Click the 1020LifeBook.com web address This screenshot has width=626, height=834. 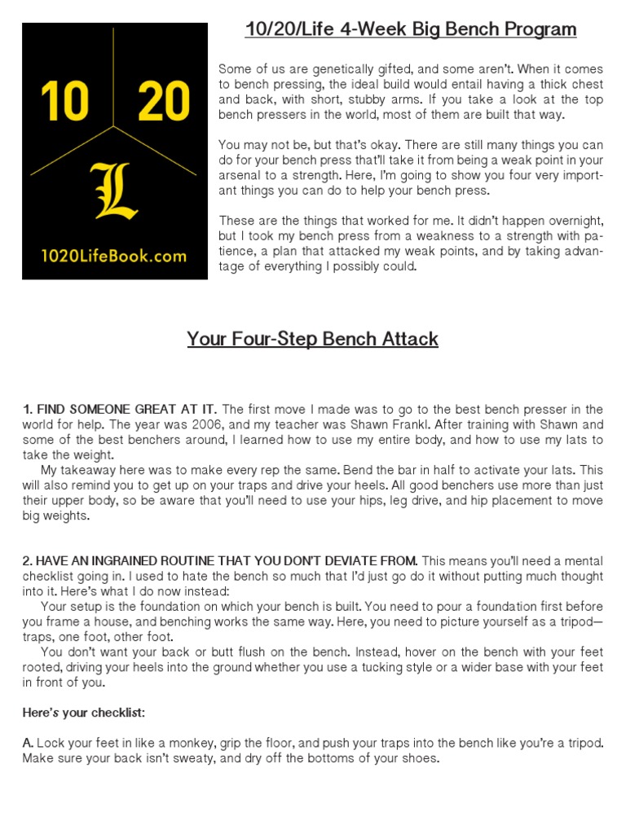pyautogui.click(x=114, y=256)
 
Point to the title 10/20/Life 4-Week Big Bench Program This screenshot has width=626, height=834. pyautogui.click(x=411, y=30)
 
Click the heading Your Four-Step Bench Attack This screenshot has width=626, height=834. pyautogui.click(x=313, y=339)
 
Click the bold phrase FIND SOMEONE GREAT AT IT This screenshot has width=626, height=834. pyautogui.click(x=120, y=409)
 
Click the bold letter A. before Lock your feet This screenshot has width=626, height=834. pyautogui.click(x=28, y=744)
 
